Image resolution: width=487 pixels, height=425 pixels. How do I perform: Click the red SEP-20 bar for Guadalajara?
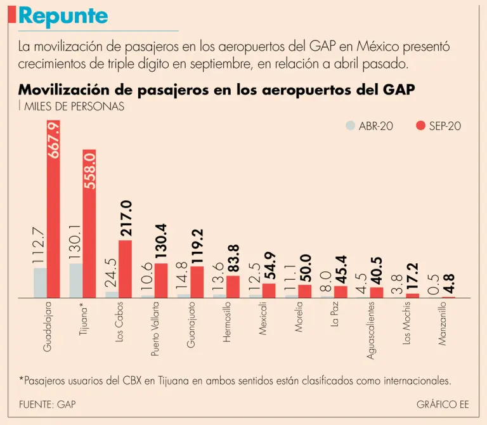pos(53,209)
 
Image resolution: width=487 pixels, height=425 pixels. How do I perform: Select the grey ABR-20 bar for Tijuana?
pos(76,280)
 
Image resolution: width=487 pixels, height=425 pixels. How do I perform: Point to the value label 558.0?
pos(89,172)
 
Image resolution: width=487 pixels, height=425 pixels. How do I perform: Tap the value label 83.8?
pos(233,254)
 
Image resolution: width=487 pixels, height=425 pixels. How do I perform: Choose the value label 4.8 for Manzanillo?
pos(448,279)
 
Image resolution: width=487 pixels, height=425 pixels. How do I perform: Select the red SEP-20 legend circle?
pos(420,126)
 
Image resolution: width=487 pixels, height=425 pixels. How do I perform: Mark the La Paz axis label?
pos(335,315)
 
